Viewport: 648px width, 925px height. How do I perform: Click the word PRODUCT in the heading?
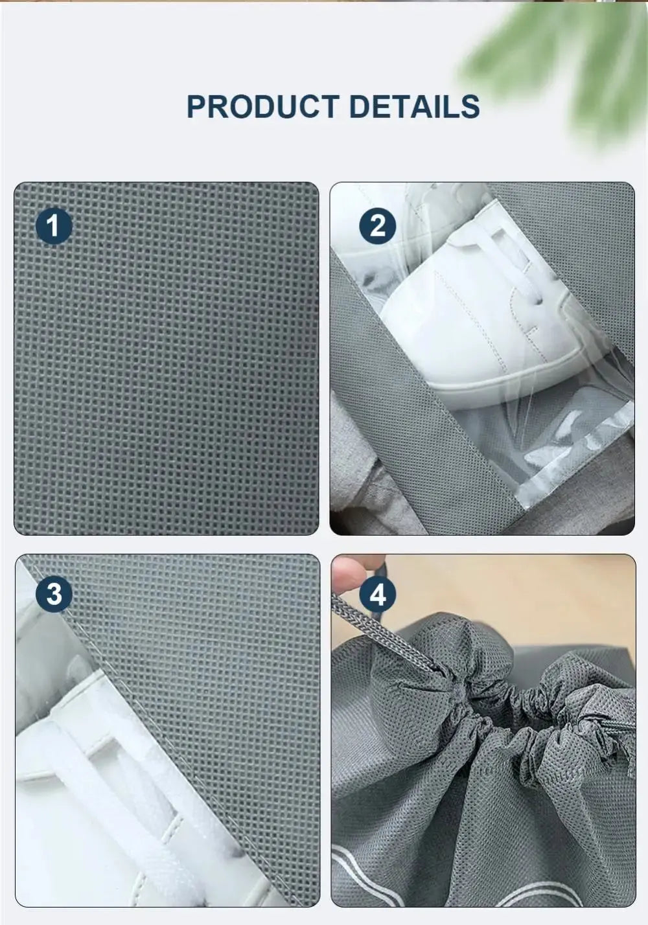262,107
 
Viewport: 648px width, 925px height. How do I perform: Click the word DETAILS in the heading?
414,107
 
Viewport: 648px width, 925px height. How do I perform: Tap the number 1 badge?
54,225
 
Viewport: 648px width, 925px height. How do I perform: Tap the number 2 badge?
378,225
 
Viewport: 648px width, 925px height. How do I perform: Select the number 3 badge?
54,594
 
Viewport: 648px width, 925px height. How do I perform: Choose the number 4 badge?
378,594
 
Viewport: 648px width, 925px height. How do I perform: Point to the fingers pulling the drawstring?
347,573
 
